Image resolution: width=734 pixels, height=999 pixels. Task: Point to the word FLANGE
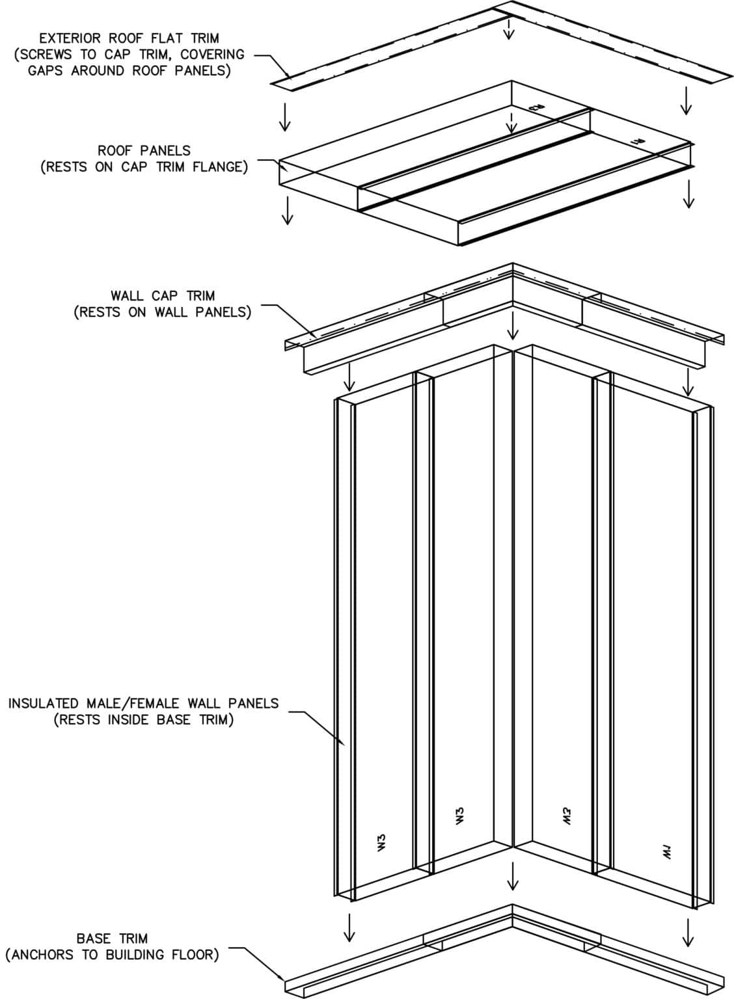(219, 167)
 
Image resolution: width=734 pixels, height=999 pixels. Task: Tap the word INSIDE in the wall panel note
(127, 720)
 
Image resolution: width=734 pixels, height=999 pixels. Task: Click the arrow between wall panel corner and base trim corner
(513, 876)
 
